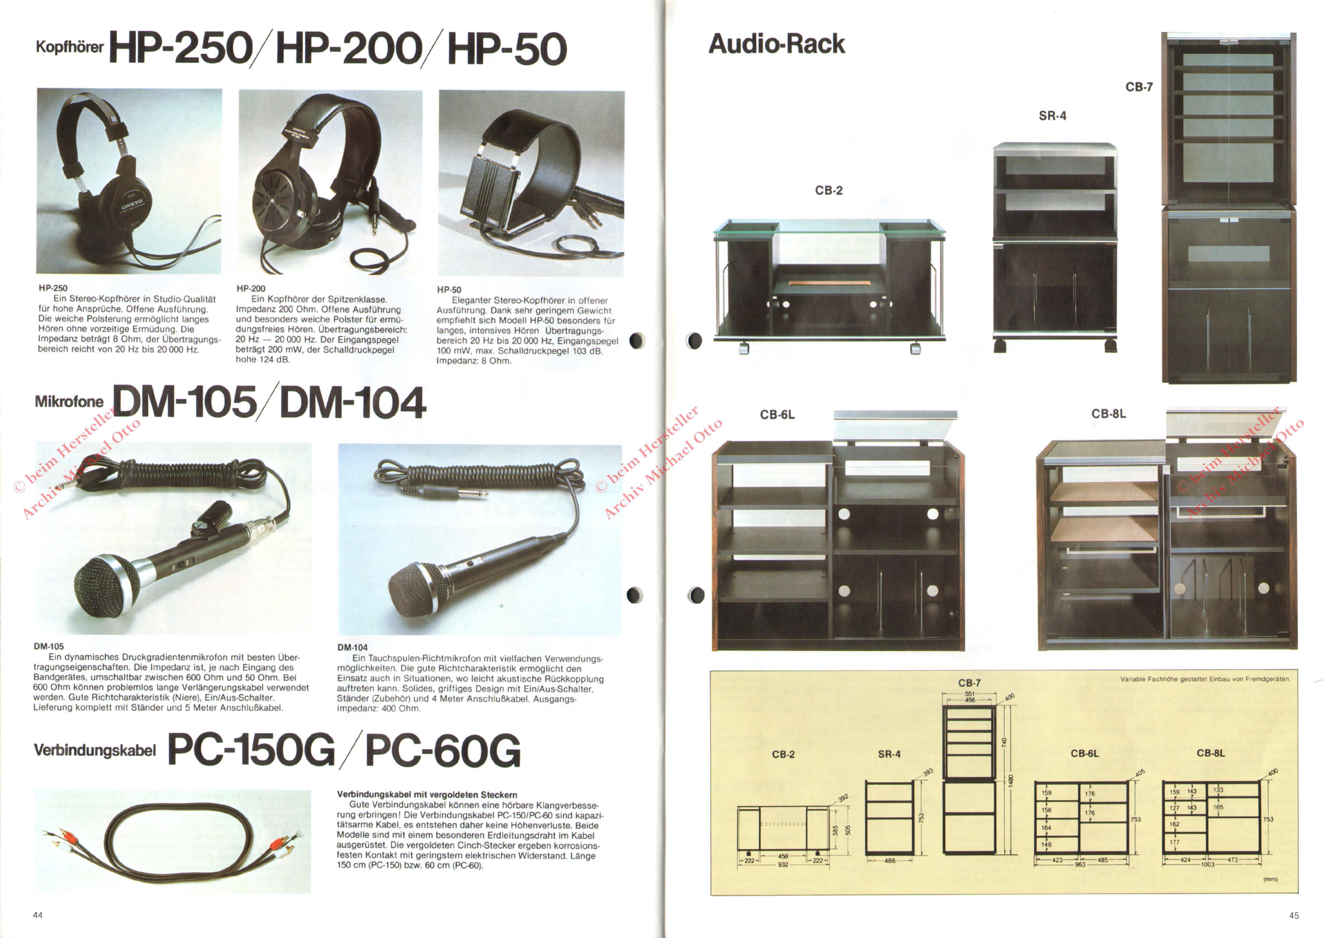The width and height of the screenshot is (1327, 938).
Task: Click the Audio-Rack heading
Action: [x=777, y=44]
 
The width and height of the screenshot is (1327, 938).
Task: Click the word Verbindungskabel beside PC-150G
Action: [x=95, y=750]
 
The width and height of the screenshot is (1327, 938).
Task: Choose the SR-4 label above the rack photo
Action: [x=1052, y=116]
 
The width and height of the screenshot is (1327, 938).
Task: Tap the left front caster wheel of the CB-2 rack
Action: [x=743, y=348]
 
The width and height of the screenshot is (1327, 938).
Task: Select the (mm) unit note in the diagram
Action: [x=1270, y=879]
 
